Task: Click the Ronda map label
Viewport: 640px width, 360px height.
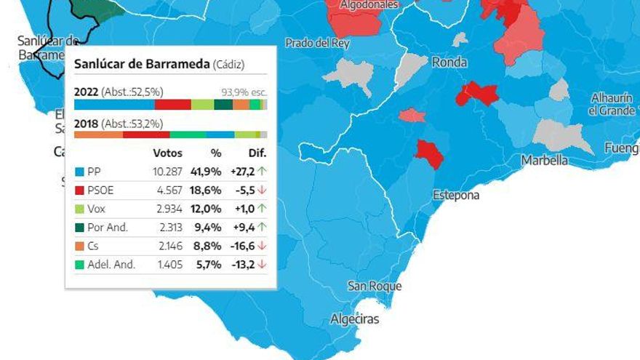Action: [449, 63]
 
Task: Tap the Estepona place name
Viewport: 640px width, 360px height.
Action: [456, 195]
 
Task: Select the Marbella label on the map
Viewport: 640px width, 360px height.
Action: [544, 160]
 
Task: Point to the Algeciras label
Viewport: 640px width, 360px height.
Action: [355, 319]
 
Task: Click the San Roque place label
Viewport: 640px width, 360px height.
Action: [375, 286]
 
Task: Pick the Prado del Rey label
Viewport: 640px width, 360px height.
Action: [317, 44]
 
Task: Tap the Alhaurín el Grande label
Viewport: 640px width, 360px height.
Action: [612, 104]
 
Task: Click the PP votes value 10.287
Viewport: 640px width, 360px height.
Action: [168, 172]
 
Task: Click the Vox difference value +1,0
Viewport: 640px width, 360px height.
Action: [245, 208]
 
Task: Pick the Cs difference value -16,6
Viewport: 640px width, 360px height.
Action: [244, 246]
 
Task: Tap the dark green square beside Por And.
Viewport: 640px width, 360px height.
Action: [79, 228]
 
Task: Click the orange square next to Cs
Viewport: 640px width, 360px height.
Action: [79, 247]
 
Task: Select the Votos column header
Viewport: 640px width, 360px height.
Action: [168, 153]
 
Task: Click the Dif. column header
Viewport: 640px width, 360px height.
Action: [257, 153]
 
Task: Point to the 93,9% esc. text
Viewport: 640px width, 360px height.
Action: [244, 92]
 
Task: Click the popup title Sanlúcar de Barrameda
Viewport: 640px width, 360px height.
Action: [142, 64]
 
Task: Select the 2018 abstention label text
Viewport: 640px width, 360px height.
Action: [119, 124]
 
